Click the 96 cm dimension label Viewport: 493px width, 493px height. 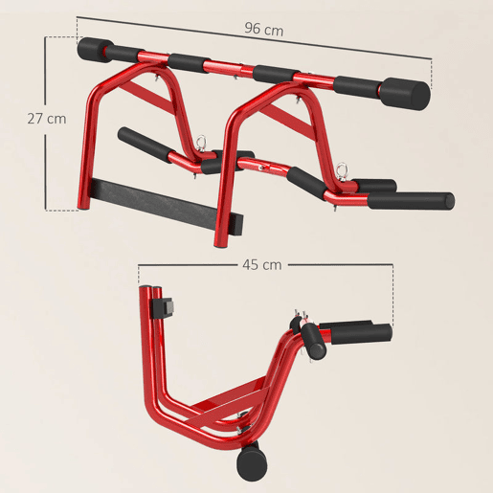pos(264,30)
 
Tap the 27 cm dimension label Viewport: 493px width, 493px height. pos(47,119)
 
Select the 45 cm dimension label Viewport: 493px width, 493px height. pos(262,265)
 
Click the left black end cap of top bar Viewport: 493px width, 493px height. pos(95,50)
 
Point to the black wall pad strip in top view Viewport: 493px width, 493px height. pos(166,206)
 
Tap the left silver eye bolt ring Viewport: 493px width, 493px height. pos(201,141)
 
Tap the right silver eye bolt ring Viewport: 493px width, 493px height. pos(344,168)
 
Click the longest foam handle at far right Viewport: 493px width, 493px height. pos(411,201)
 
